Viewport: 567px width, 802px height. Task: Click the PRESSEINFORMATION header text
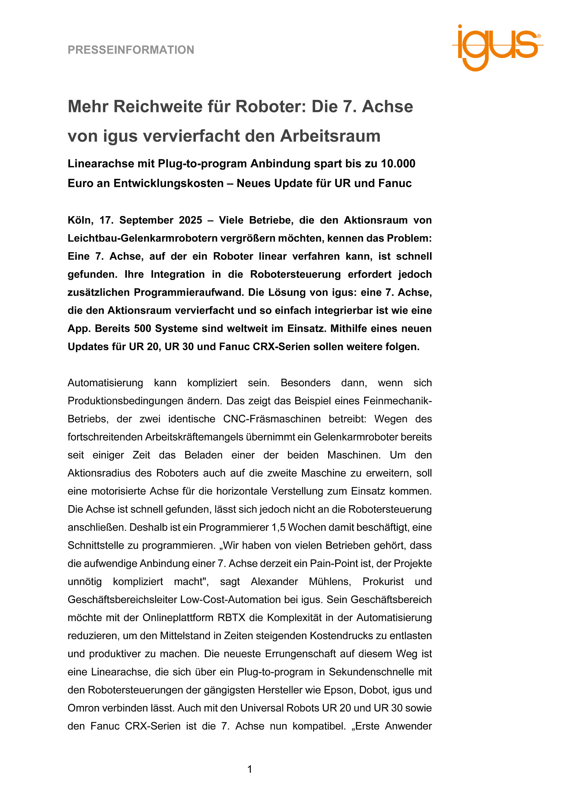tap(131, 50)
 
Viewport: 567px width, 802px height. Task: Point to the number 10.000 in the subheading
tap(397, 163)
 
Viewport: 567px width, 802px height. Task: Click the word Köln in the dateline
tap(80, 220)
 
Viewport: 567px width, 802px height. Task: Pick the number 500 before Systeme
tap(143, 329)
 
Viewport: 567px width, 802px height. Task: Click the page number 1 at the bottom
tap(250, 769)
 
